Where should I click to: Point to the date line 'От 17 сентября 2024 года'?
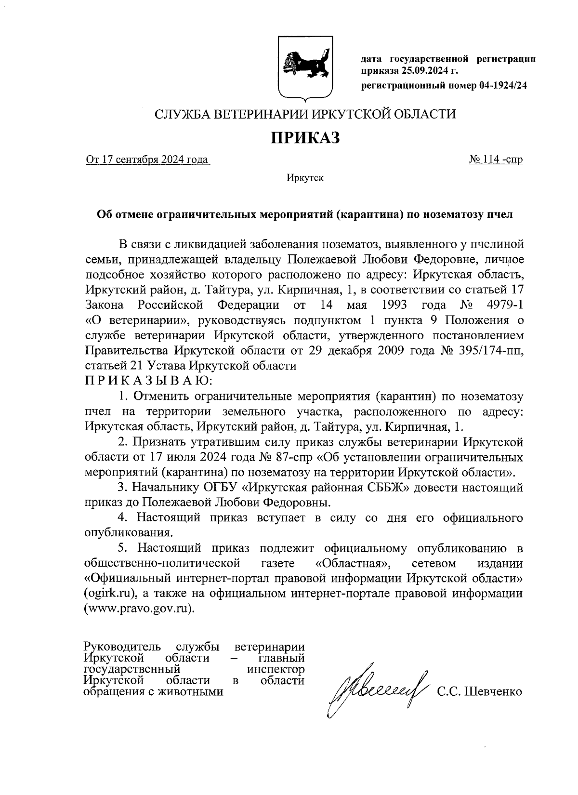tap(147, 160)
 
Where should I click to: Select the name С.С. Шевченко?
tap(479, 692)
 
